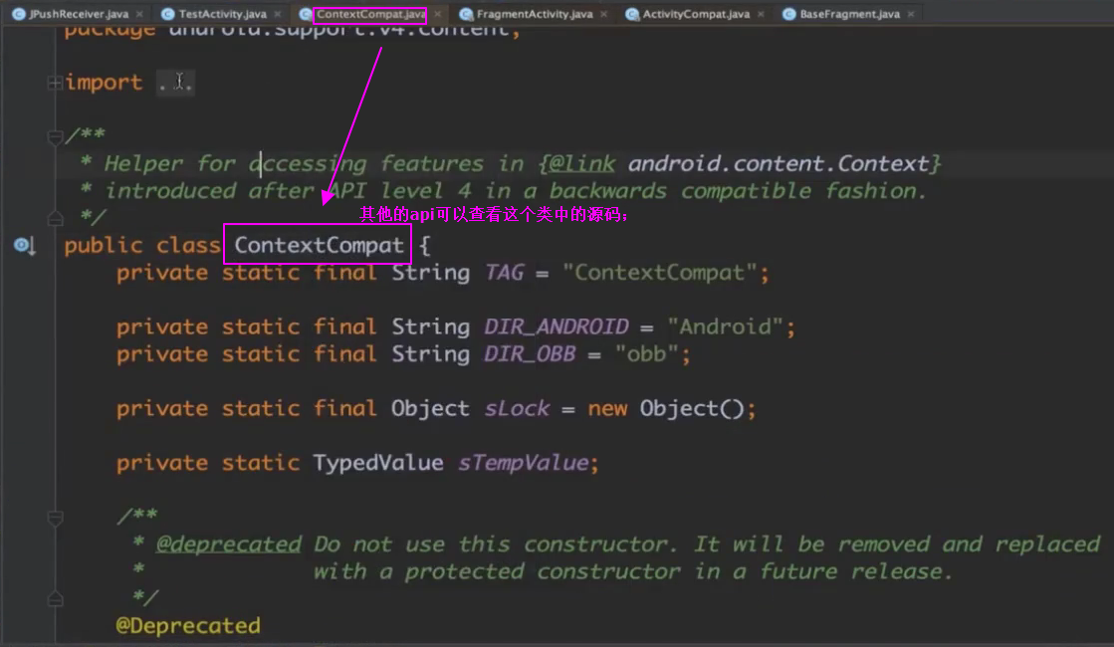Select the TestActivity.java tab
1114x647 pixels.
[x=222, y=15]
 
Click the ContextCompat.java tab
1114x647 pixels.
[x=370, y=15]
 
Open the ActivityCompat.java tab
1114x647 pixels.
[x=696, y=15]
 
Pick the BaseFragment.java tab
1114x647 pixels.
[x=847, y=15]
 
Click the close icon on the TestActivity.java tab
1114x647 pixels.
[x=277, y=15]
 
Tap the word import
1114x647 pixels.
[x=104, y=83]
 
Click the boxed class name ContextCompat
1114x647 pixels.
[x=319, y=245]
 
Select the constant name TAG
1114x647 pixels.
[x=504, y=273]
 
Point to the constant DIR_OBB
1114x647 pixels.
[x=530, y=354]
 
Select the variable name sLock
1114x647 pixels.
[x=517, y=408]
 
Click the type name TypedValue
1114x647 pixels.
[x=378, y=463]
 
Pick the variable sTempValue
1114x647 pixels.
[x=524, y=463]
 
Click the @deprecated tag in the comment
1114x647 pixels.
[x=228, y=544]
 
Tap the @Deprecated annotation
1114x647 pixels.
[x=188, y=626]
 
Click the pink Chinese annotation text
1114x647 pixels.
[x=494, y=214]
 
